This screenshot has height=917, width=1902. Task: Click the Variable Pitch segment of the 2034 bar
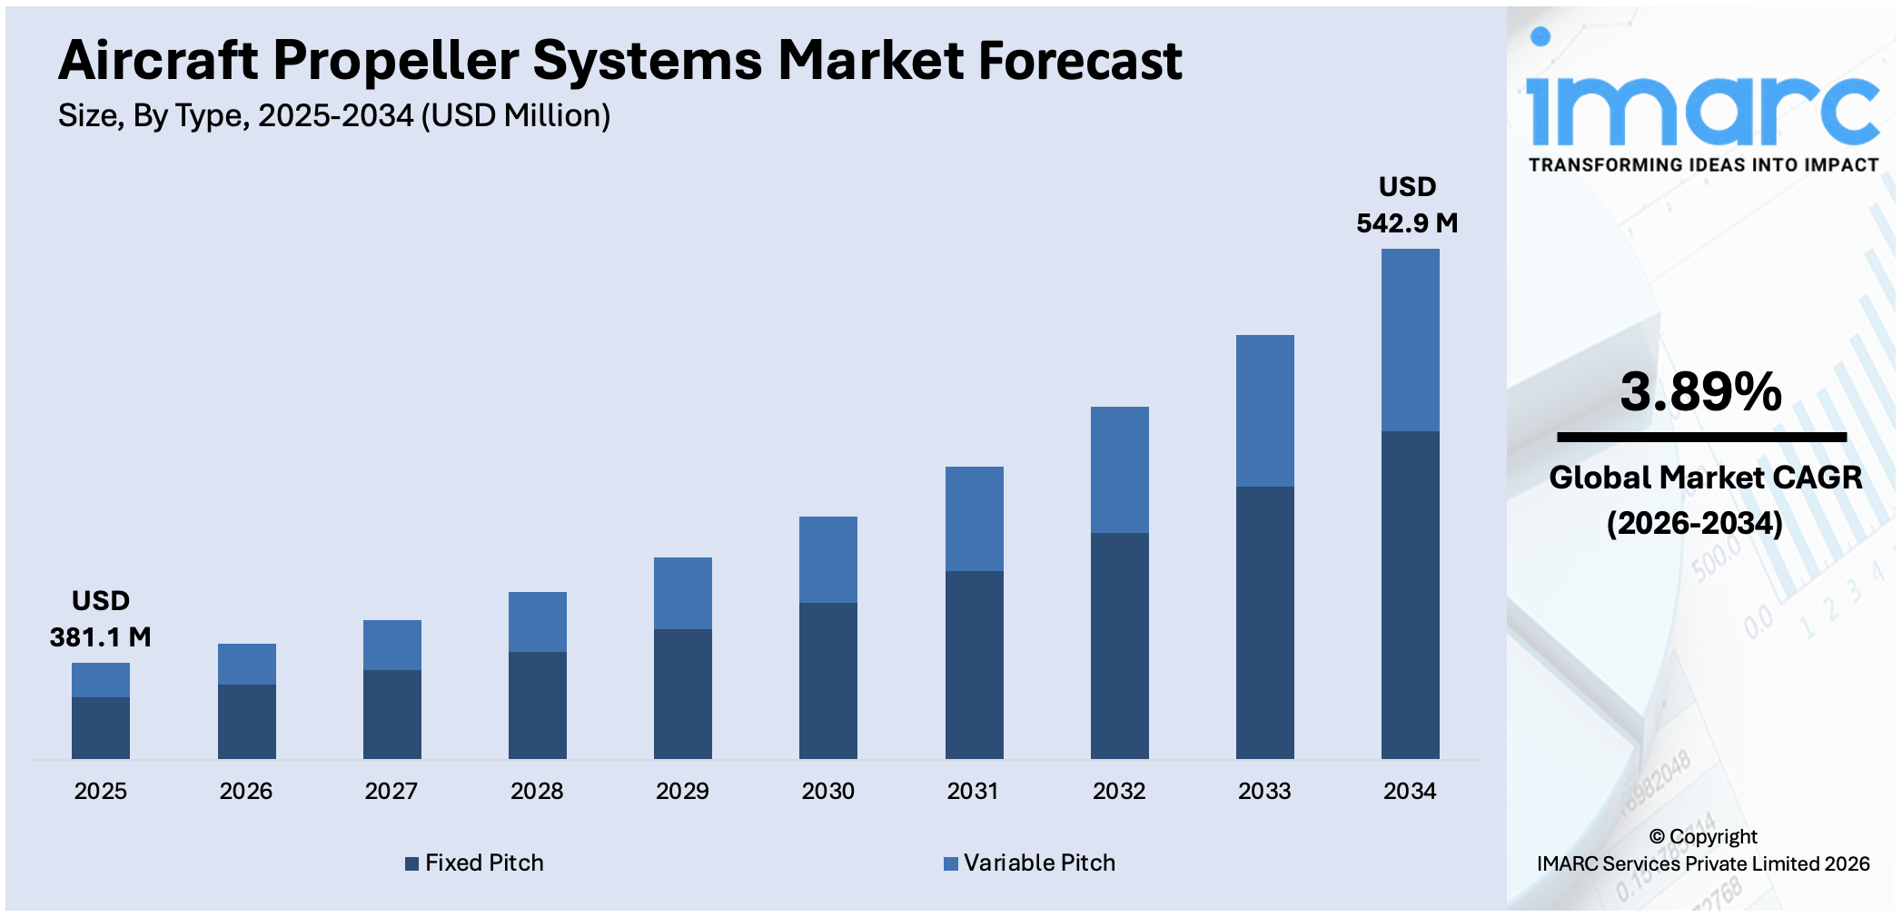pos(1410,340)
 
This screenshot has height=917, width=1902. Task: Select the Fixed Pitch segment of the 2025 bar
pos(101,727)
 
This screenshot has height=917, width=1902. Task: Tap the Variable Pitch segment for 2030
pos(827,559)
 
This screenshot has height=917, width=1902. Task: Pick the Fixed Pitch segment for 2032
pos(1119,645)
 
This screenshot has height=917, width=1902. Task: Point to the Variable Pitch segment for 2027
pos(391,645)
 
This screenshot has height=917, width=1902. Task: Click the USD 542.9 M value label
pos(1406,205)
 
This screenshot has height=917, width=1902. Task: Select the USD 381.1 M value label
pos(100,619)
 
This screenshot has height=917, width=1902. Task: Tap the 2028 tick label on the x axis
pos(537,791)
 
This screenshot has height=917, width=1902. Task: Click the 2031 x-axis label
pos(973,791)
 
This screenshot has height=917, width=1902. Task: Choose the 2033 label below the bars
pos(1263,791)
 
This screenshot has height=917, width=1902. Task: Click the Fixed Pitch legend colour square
pos(411,863)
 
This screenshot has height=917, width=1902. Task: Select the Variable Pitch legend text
pos(1039,863)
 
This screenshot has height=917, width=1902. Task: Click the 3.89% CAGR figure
pos(1700,392)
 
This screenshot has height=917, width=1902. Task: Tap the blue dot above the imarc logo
pos(1540,37)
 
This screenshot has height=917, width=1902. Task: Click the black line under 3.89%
pos(1701,438)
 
